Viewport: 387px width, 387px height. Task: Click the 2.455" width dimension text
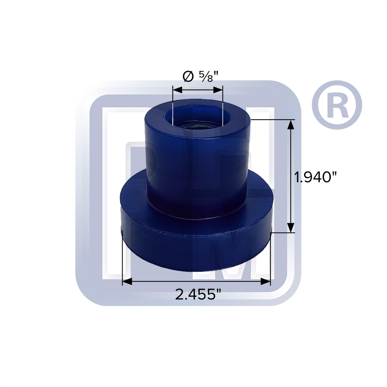197,295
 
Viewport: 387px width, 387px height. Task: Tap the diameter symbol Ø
187,76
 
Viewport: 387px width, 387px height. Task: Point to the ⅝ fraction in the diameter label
206,76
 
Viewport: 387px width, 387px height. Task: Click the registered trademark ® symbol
337,105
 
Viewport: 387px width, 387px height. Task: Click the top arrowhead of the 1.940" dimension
291,124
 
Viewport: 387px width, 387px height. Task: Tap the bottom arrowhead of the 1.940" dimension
291,228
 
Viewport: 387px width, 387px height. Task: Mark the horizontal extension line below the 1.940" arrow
283,233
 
